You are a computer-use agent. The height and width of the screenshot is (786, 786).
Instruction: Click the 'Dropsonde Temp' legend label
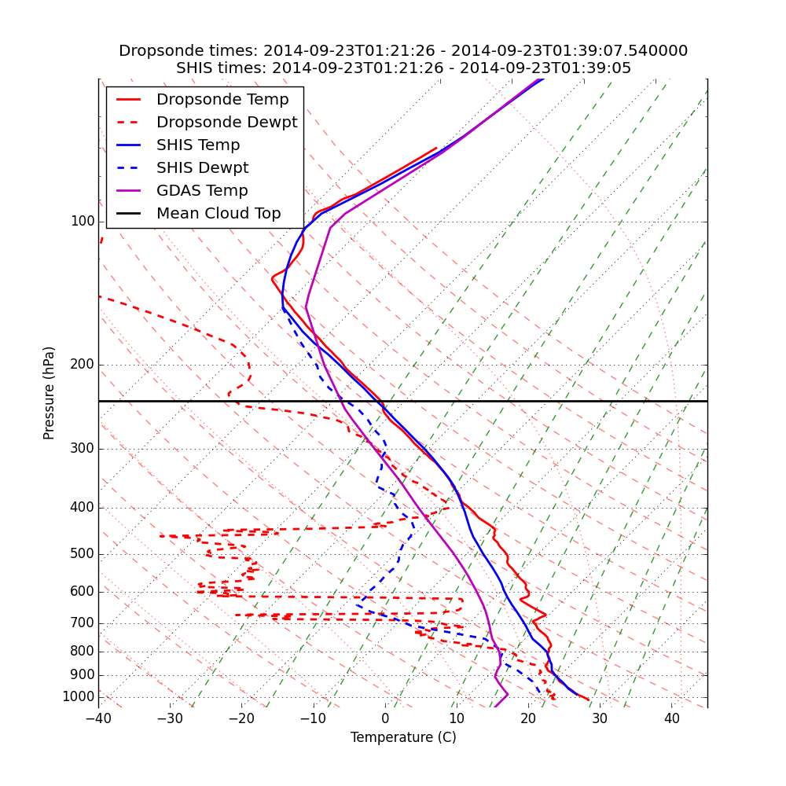coord(222,100)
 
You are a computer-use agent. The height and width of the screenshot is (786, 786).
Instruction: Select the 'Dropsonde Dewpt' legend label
coord(226,123)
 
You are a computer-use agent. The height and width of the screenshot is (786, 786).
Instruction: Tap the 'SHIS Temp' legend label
coord(198,145)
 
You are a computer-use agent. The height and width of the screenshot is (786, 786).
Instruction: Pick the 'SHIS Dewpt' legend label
coord(202,168)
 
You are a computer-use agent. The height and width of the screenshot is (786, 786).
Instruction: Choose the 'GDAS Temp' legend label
coord(202,191)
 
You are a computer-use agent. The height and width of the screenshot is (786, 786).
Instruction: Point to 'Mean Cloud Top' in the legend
coord(219,214)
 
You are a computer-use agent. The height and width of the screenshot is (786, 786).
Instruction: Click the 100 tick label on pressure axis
coord(83,222)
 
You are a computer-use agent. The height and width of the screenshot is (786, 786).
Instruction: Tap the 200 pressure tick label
coord(83,365)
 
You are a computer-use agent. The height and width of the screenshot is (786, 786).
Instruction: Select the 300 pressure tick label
coord(83,449)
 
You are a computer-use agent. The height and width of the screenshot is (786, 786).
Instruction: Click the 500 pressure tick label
coord(83,554)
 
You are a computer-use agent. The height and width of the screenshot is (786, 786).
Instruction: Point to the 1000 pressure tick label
coord(79,697)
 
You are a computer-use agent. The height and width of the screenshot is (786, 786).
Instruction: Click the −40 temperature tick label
coord(98,718)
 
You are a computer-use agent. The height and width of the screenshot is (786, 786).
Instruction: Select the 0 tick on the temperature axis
coord(385,718)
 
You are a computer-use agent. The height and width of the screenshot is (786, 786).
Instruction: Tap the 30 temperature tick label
coord(600,718)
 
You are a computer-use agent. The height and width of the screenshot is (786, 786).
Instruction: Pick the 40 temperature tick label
coord(671,718)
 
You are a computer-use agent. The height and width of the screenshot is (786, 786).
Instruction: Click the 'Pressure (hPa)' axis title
coord(50,393)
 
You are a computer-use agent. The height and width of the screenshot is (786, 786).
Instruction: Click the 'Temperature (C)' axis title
coord(403,737)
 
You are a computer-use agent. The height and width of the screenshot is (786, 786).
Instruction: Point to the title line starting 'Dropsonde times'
coord(403,51)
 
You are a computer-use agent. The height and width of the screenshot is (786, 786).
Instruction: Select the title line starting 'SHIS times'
coord(403,68)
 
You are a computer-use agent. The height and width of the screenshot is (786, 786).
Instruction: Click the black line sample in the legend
coord(128,214)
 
